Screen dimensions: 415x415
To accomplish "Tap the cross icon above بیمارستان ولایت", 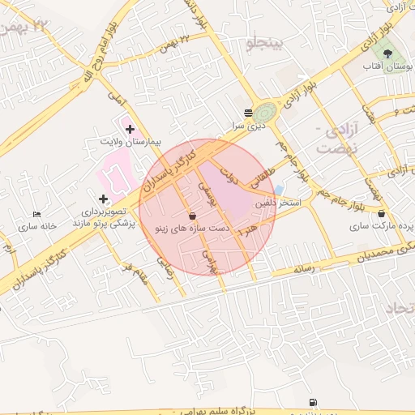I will [130, 129].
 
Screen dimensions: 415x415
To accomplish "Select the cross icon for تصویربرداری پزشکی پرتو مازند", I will [102, 199].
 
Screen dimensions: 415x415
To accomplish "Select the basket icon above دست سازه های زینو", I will [192, 216].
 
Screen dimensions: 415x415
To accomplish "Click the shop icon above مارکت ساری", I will [382, 213].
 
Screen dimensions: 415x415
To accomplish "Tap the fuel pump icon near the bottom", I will [313, 402].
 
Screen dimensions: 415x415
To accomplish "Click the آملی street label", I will [114, 101].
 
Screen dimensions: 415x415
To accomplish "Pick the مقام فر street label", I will [135, 271].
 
